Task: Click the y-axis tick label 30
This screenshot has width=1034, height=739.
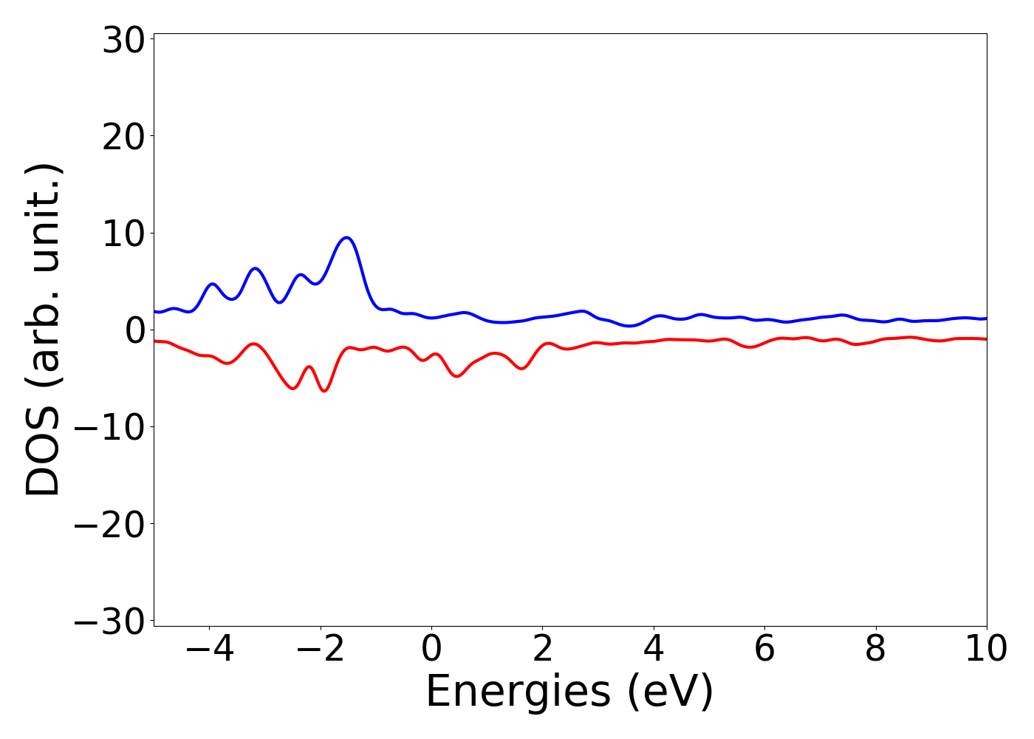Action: pos(123,41)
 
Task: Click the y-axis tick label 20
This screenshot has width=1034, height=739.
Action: pos(123,138)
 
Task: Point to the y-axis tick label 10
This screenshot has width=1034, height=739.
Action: pos(123,235)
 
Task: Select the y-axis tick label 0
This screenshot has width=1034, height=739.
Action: pos(134,332)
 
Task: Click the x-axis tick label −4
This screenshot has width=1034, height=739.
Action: pos(209,650)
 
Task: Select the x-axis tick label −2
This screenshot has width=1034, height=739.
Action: pos(320,650)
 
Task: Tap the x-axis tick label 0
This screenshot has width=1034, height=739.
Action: pos(431,650)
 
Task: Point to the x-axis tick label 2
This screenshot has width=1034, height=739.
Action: pos(542,650)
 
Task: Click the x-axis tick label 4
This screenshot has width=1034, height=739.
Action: pos(654,650)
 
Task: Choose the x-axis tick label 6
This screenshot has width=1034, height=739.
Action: pos(764,650)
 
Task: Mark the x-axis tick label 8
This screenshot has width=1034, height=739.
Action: pos(875,650)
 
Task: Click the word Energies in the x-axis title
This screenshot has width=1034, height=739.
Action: pos(518,692)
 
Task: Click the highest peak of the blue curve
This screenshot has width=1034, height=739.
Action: pos(346,237)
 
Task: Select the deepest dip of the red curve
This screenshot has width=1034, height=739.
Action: pos(324,391)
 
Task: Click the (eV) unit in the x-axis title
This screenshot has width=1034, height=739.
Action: pos(671,692)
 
